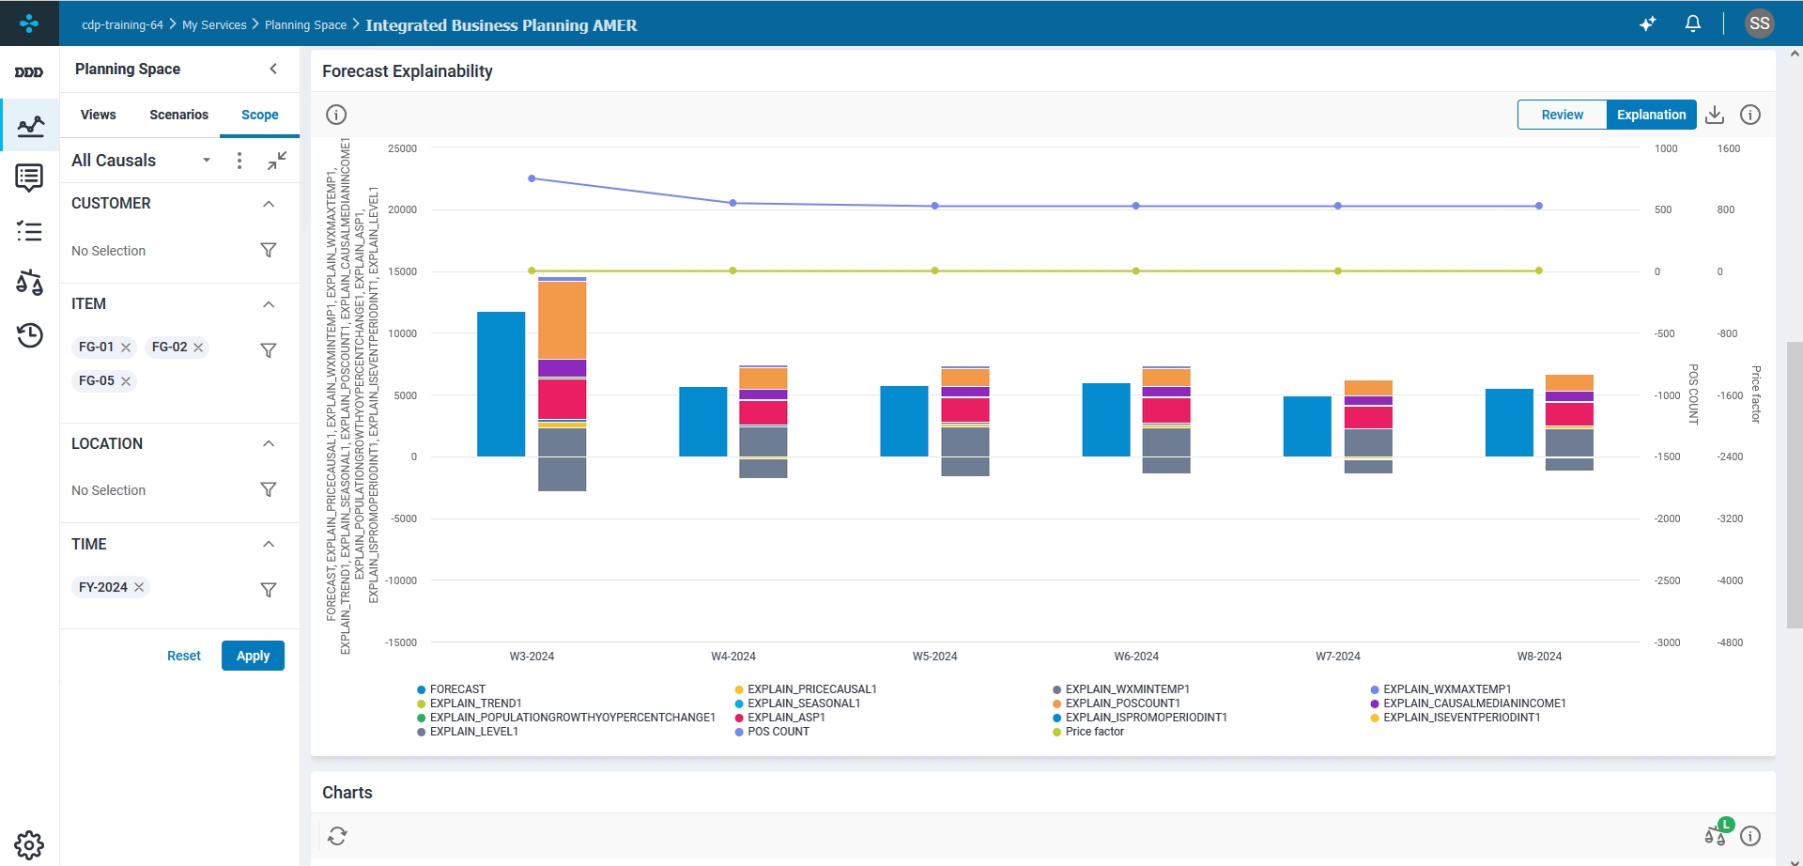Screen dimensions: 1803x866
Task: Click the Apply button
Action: click(253, 656)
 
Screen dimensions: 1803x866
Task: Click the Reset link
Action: click(184, 656)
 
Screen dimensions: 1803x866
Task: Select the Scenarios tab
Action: click(178, 115)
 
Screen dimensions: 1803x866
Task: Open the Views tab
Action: click(99, 115)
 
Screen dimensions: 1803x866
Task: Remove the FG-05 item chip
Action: click(126, 381)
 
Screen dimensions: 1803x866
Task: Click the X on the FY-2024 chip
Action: click(139, 587)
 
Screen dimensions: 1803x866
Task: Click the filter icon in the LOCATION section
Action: click(269, 489)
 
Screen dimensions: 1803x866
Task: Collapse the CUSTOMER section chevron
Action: click(269, 204)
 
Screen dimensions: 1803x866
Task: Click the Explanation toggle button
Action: click(1651, 115)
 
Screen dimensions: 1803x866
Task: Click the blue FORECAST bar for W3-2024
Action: click(501, 384)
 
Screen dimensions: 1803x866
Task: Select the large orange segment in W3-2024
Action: click(562, 320)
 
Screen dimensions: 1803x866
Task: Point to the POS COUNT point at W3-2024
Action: click(532, 178)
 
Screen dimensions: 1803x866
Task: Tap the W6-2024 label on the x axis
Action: click(1136, 657)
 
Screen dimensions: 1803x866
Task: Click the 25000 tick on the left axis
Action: click(402, 148)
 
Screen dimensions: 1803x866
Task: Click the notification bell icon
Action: click(1693, 23)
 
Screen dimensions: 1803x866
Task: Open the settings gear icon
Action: click(29, 844)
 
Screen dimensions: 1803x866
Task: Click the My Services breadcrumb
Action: click(214, 25)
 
